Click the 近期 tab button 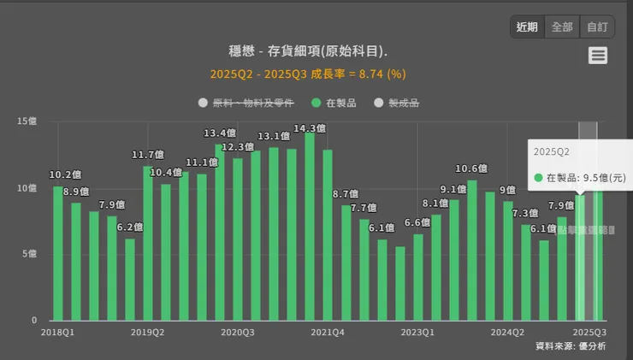click(527, 27)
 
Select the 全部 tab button click(562, 27)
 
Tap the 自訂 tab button click(597, 27)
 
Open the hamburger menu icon click(598, 56)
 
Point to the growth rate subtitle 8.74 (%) click(307, 74)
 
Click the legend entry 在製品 click(334, 103)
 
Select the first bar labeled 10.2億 click(58, 253)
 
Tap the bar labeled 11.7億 click(148, 243)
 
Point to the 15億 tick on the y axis click(27, 121)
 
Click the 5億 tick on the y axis click(27, 254)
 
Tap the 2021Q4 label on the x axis click(328, 332)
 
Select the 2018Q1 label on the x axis click(58, 332)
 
